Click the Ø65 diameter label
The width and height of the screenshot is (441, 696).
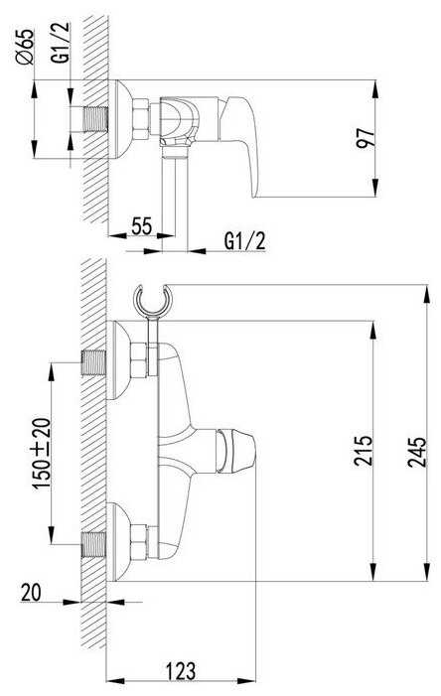25,47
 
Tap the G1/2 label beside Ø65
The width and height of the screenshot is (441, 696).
63,42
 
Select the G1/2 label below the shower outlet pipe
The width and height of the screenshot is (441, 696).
244,241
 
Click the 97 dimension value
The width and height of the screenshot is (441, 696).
366,138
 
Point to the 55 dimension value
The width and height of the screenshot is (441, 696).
142,226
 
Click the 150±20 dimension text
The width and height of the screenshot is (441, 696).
43,453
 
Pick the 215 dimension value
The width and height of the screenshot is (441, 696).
364,450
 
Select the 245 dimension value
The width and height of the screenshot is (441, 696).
417,452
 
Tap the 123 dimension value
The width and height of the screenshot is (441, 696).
181,671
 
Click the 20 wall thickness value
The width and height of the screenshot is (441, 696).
31,592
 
